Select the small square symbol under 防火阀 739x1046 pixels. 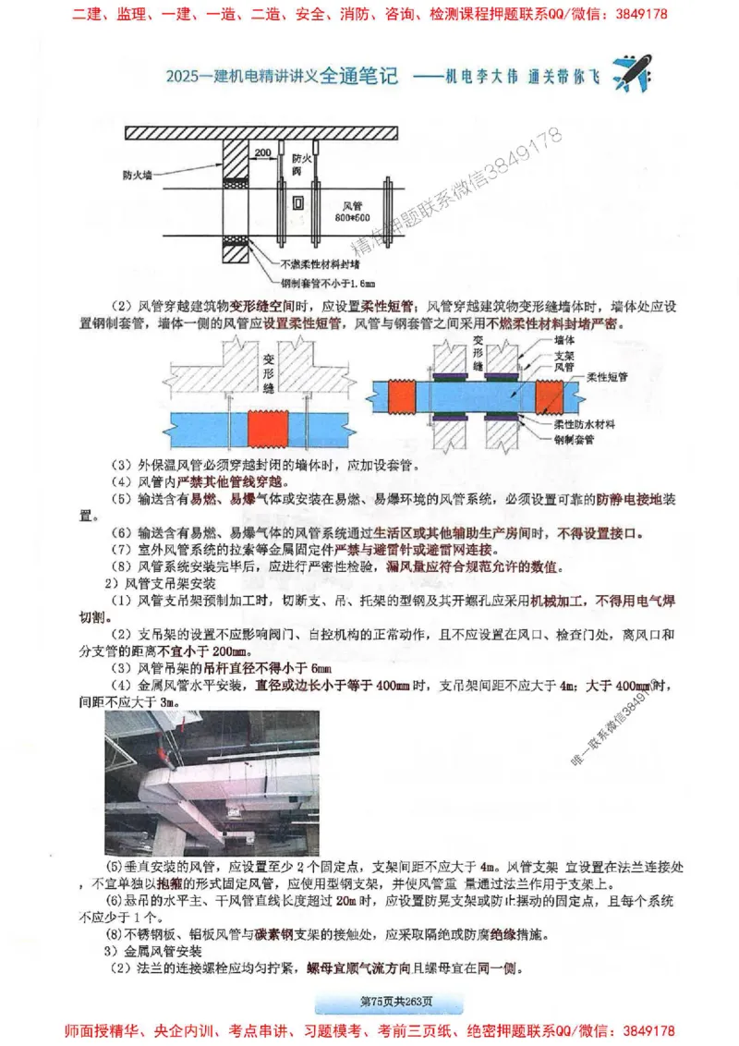pyautogui.click(x=297, y=201)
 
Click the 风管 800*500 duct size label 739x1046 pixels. pyautogui.click(x=354, y=210)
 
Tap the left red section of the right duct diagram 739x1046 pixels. pyautogui.click(x=403, y=398)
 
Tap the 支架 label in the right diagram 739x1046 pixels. pyautogui.click(x=564, y=354)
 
